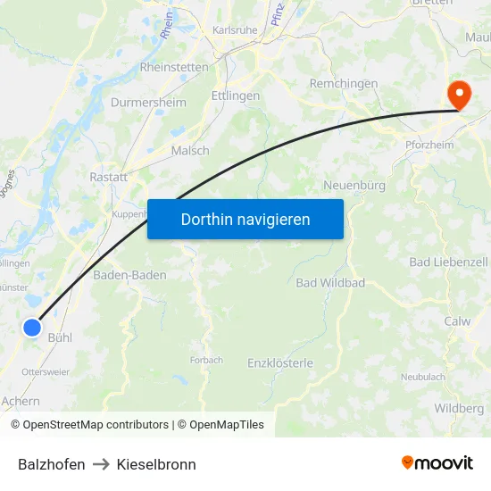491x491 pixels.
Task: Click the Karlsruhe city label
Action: [x=235, y=29]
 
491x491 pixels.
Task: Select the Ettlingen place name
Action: [x=236, y=96]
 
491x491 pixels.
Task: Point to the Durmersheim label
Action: [x=148, y=103]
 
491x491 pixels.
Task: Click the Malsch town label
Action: [x=190, y=150]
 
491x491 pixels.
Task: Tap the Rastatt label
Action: [x=109, y=177]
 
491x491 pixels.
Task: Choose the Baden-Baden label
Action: [x=129, y=275]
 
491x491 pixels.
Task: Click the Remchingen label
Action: [x=343, y=84]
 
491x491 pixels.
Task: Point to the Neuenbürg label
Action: [x=354, y=185]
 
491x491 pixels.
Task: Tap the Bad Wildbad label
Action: [x=330, y=282]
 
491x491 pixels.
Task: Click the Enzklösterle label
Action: [x=280, y=362]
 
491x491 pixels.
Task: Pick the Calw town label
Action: [x=457, y=321]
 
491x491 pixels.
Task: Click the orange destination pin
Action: [x=460, y=94]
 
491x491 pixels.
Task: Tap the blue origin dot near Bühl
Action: [x=32, y=328]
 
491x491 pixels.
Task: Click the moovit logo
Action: [x=437, y=463]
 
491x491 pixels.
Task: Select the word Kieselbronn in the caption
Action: [x=156, y=464]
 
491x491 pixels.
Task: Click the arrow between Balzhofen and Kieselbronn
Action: [x=101, y=464]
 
